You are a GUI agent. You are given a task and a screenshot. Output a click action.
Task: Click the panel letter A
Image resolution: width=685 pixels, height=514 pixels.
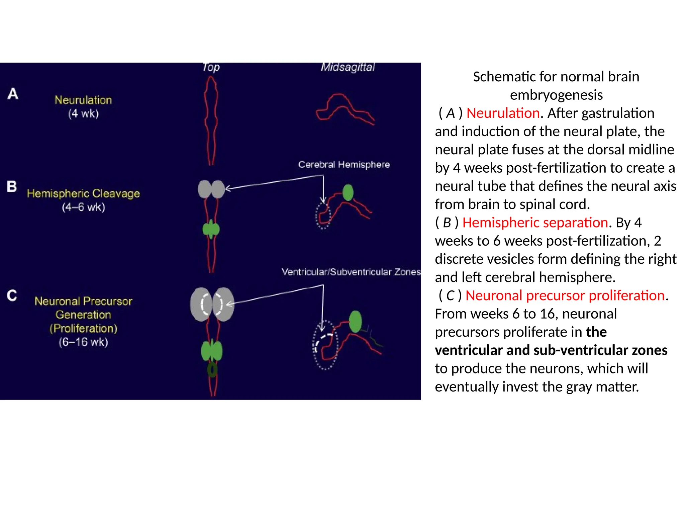click(13, 94)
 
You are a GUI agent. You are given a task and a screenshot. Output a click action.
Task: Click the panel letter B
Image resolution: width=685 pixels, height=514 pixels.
click(12, 186)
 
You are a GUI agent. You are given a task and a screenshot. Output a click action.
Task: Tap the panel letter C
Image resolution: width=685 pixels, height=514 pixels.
click(12, 295)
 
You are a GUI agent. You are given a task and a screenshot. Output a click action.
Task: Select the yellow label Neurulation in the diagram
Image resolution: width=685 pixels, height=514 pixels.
click(83, 100)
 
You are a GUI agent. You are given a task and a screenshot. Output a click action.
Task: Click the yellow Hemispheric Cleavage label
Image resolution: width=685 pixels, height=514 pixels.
click(83, 193)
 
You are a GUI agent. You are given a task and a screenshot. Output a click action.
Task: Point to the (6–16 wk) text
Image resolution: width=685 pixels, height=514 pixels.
click(83, 342)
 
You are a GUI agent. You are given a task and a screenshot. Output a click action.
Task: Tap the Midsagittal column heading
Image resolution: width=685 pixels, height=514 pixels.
click(348, 67)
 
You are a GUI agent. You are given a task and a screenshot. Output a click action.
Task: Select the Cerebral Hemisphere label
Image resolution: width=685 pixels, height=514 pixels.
click(344, 165)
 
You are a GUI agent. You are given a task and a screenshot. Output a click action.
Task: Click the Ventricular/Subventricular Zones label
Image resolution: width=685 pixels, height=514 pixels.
click(351, 272)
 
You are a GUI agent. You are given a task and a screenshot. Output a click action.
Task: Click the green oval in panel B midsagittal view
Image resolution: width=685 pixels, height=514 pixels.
click(348, 192)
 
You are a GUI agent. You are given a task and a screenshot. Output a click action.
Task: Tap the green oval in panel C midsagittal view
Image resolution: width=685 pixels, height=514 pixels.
click(355, 321)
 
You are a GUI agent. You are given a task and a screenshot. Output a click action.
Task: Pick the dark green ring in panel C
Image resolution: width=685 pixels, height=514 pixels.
click(212, 370)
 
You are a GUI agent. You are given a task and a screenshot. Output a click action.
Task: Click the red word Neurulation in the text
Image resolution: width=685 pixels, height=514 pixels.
click(503, 113)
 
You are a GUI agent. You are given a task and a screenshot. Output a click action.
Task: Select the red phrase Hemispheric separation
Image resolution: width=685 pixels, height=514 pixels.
click(535, 223)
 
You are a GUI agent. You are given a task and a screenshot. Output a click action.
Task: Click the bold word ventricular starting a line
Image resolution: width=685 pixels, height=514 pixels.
click(468, 350)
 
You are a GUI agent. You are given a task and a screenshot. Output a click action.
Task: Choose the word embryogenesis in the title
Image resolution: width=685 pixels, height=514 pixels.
click(556, 95)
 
